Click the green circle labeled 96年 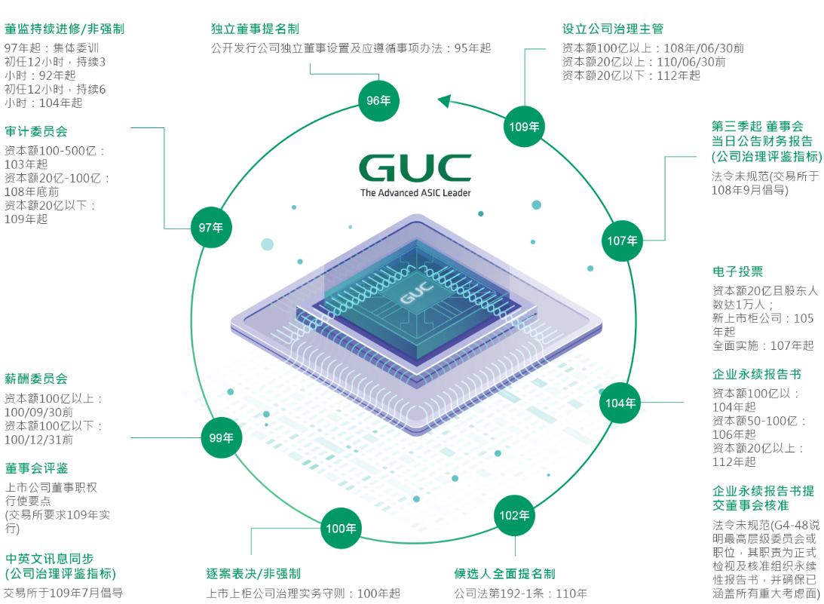click(378, 101)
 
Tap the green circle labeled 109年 click(524, 127)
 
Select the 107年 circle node click(623, 241)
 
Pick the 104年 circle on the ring click(620, 403)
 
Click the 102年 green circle click(515, 516)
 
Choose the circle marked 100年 click(341, 529)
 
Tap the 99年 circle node click(222, 437)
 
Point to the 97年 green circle click(211, 227)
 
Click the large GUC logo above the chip click(415, 168)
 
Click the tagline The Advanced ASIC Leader click(415, 193)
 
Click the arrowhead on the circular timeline click(444, 100)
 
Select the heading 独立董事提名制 click(255, 29)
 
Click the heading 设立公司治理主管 click(613, 29)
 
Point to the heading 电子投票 click(737, 271)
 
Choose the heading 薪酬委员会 click(35, 379)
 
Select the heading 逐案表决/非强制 click(253, 575)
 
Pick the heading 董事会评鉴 click(35, 468)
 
